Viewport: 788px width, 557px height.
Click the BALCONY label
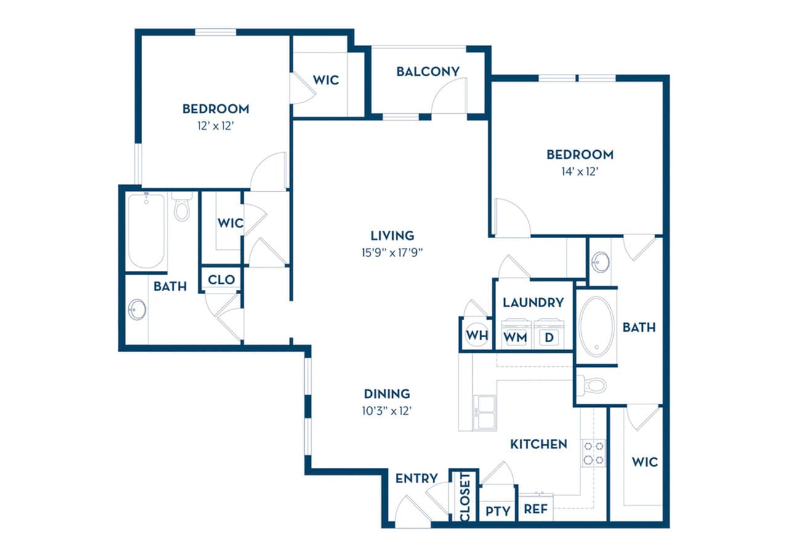point(427,71)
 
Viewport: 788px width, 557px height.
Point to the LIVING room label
point(392,235)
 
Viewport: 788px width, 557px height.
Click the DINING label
point(387,394)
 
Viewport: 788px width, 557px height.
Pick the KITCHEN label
point(538,444)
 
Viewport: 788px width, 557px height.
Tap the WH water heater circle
point(476,336)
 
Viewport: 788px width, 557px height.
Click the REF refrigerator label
point(536,510)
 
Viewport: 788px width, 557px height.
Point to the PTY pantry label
point(497,510)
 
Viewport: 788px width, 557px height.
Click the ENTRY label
point(417,478)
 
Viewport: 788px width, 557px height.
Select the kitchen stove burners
point(593,452)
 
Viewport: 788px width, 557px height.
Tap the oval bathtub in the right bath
point(596,327)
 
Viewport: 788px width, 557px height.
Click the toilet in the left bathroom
point(182,208)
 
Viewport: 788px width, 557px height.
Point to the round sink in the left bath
point(137,309)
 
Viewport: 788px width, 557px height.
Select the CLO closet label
point(221,279)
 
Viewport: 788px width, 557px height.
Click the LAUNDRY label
point(533,302)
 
